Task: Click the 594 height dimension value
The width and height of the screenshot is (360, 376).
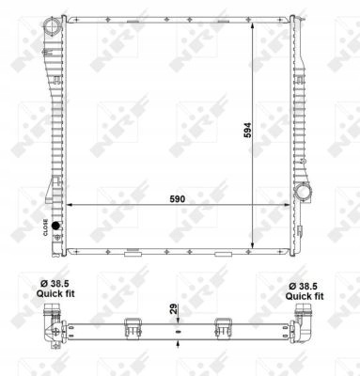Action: pyautogui.click(x=247, y=130)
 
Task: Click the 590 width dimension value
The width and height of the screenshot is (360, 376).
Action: pyautogui.click(x=177, y=199)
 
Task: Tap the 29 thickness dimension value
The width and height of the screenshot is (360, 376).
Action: pyautogui.click(x=174, y=308)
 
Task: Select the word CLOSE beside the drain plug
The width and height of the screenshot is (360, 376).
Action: pyautogui.click(x=45, y=227)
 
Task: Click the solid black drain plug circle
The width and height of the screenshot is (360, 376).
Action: pyautogui.click(x=55, y=226)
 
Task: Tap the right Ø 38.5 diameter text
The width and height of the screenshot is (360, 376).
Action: pyautogui.click(x=304, y=286)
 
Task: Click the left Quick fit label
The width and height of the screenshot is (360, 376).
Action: pyautogui.click(x=55, y=293)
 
